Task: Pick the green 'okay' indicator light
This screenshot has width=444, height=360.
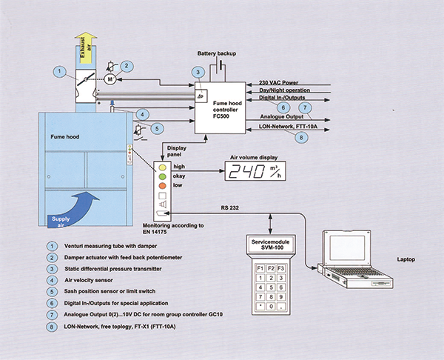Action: [161, 179]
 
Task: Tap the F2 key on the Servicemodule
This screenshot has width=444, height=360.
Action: [264, 266]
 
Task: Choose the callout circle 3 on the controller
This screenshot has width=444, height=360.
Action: [198, 71]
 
